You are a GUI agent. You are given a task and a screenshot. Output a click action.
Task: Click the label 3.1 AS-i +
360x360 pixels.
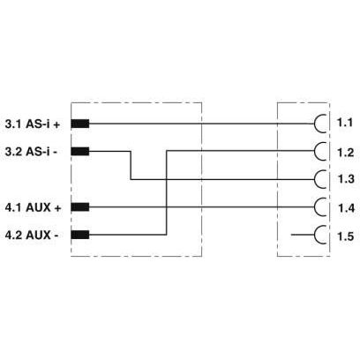pyautogui.click(x=33, y=124)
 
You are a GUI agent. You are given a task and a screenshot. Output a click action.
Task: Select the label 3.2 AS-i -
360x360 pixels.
pyautogui.click(x=31, y=152)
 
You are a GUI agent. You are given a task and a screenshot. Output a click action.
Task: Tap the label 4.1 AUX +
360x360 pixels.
pyautogui.click(x=33, y=207)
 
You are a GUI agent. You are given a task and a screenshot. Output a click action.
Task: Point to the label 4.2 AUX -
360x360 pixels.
pyautogui.click(x=32, y=235)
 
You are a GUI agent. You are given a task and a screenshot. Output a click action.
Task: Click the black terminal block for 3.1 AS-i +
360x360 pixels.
pyautogui.click(x=80, y=124)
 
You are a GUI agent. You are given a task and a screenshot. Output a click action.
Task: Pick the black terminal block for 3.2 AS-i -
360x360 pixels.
pyautogui.click(x=80, y=152)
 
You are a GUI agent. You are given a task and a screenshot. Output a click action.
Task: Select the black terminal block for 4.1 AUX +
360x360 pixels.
pyautogui.click(x=80, y=207)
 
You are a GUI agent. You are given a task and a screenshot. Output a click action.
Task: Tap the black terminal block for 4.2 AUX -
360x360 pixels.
pyautogui.click(x=80, y=235)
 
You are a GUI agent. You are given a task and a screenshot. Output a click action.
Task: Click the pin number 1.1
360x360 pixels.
pyautogui.click(x=345, y=123)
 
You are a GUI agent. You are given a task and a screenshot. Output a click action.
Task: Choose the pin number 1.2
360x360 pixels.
pyautogui.click(x=345, y=153)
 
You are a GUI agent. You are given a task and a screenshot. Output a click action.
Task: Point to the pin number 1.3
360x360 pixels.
pyautogui.click(x=346, y=179)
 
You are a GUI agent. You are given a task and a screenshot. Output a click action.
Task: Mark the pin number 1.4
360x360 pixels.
pyautogui.click(x=347, y=208)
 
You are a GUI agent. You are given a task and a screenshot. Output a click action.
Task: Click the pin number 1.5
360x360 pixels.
pyautogui.click(x=345, y=236)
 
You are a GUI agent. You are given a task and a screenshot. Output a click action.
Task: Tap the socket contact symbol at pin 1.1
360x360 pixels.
pyautogui.click(x=314, y=124)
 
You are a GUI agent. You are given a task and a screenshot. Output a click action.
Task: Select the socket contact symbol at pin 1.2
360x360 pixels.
pyautogui.click(x=314, y=151)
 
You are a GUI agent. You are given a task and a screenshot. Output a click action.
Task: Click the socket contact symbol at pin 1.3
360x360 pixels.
pyautogui.click(x=314, y=179)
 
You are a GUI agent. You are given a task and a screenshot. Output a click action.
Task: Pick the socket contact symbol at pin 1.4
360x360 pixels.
pyautogui.click(x=314, y=207)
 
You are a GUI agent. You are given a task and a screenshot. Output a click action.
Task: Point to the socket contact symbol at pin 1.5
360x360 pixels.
pyautogui.click(x=314, y=235)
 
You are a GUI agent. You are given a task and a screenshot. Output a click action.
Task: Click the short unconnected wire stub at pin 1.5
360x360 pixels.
pyautogui.click(x=303, y=235)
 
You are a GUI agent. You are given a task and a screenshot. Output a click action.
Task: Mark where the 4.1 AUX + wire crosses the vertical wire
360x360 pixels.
pyautogui.click(x=167, y=207)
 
